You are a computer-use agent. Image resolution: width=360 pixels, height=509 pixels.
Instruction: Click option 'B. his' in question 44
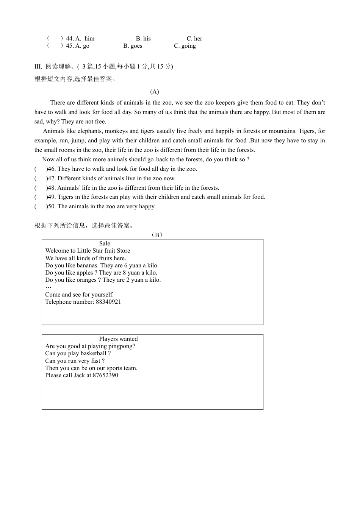click(x=143, y=39)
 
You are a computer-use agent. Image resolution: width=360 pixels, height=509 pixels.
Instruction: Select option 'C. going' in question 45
click(x=185, y=46)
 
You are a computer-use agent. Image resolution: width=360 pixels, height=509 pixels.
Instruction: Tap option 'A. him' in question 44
click(x=85, y=39)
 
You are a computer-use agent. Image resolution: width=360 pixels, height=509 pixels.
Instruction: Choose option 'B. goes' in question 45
click(x=133, y=46)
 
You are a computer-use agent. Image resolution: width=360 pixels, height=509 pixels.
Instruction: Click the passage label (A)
click(x=155, y=92)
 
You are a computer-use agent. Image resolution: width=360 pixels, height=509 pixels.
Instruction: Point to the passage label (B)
click(x=157, y=235)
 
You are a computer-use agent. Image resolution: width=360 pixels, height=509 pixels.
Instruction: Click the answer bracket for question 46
click(x=41, y=169)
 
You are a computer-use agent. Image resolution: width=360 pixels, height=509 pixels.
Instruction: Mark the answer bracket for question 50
click(x=41, y=206)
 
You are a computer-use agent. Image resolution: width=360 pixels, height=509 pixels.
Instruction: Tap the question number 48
click(x=52, y=188)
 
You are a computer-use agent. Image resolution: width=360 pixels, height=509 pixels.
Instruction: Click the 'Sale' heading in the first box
click(x=105, y=244)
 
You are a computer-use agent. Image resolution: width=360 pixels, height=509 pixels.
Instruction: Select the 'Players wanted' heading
click(x=118, y=339)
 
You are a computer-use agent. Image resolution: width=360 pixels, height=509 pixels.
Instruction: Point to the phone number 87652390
click(x=105, y=375)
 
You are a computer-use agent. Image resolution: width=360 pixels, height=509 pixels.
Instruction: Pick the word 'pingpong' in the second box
click(x=122, y=346)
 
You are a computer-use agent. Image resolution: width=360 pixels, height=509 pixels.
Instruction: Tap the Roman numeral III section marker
click(x=38, y=67)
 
